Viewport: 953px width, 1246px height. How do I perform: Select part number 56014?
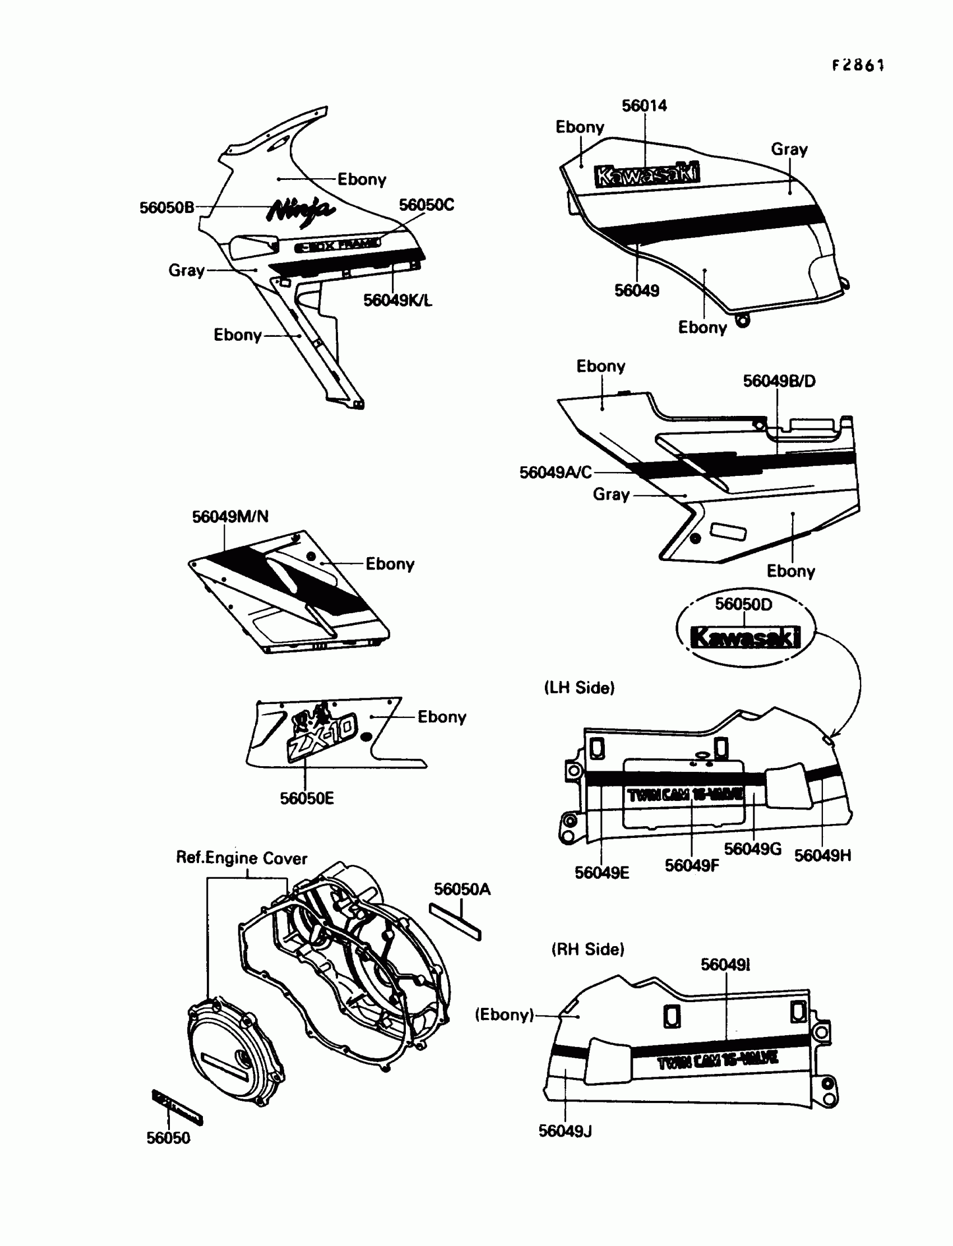tap(644, 105)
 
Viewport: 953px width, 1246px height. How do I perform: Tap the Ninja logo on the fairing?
tap(300, 211)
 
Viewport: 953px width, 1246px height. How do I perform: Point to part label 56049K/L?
tap(397, 300)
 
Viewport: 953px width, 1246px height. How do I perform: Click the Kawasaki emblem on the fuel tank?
tap(647, 174)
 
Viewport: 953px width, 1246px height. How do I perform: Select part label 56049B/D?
tap(779, 381)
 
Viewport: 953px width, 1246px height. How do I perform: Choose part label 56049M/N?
tap(230, 517)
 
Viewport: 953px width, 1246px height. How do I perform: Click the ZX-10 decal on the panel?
tap(322, 735)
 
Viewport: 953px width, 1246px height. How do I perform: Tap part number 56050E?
tap(306, 799)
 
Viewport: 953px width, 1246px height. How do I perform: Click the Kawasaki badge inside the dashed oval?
tap(745, 637)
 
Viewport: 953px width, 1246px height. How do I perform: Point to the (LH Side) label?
tap(579, 688)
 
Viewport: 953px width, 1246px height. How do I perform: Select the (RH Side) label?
tap(587, 949)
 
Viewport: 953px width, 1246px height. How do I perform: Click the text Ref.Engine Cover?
tap(242, 858)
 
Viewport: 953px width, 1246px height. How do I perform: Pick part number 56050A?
tap(462, 890)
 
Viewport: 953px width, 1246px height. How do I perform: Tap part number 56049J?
tap(565, 1132)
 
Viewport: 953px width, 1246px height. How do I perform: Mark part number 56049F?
tap(692, 866)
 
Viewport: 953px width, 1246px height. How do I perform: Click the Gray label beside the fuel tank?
tap(789, 149)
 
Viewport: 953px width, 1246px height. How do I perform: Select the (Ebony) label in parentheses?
tap(505, 1015)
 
